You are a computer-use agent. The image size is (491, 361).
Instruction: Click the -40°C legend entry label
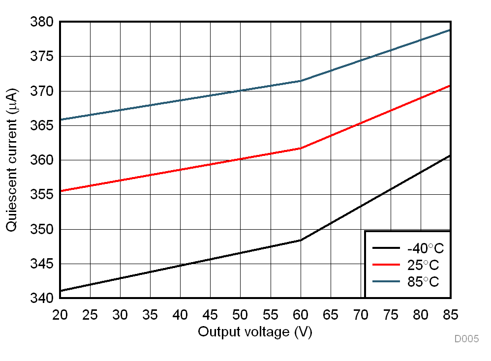422,248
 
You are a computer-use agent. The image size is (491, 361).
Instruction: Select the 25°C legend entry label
422,266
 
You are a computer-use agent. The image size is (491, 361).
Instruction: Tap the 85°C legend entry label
422,282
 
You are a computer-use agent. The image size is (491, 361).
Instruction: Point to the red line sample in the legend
386,266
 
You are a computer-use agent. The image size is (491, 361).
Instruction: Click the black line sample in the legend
386,248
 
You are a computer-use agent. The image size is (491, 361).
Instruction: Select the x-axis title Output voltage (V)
255,332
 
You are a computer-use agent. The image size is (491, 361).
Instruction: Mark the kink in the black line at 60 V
301,240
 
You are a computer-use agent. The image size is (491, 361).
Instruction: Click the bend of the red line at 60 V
301,148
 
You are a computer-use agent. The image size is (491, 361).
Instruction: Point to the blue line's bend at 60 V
301,81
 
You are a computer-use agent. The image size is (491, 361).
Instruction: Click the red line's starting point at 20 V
61,191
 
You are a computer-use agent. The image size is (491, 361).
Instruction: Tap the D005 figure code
466,339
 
